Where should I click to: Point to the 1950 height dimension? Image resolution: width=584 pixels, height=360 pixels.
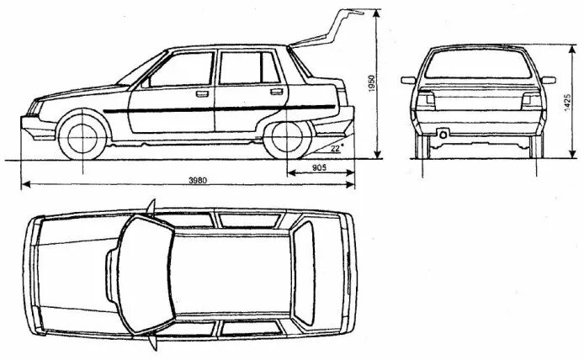pyautogui.click(x=370, y=83)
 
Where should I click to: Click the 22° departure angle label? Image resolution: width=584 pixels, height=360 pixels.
pyautogui.click(x=337, y=148)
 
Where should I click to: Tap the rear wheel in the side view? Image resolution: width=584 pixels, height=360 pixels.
pyautogui.click(x=285, y=138)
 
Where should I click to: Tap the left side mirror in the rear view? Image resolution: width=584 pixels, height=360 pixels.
pyautogui.click(x=408, y=81)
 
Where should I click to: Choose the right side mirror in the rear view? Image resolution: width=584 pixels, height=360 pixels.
pyautogui.click(x=548, y=81)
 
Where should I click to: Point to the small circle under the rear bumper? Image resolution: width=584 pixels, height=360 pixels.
pyautogui.click(x=443, y=135)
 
